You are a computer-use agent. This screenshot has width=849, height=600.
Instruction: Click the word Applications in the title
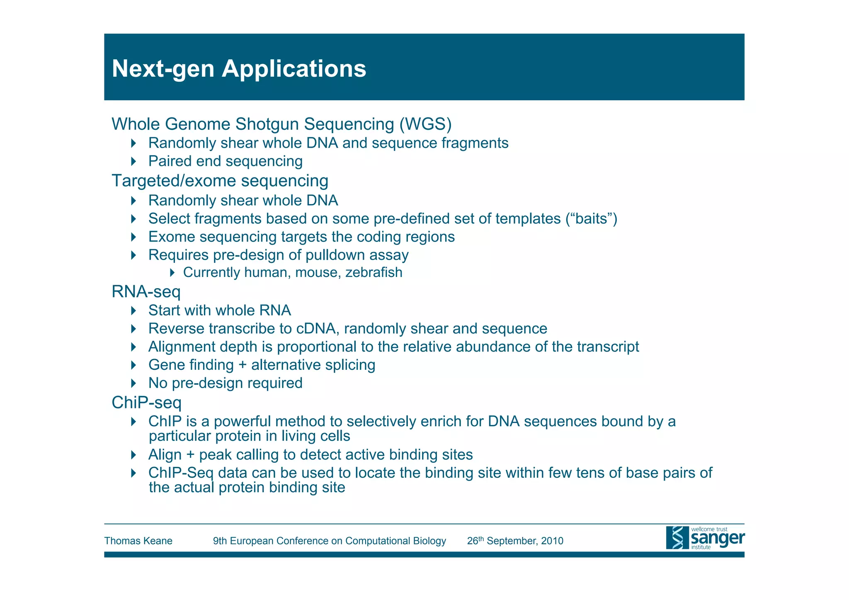tap(294, 68)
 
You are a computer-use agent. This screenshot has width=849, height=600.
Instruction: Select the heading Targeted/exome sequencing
tap(220, 181)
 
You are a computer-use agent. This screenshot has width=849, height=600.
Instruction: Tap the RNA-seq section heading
tap(146, 291)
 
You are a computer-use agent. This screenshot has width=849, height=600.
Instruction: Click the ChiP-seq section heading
tap(146, 402)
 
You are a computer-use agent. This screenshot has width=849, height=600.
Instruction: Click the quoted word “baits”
tap(591, 219)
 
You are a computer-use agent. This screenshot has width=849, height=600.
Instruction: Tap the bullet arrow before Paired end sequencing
tap(133, 161)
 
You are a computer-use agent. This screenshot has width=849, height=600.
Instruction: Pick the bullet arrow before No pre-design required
tap(133, 383)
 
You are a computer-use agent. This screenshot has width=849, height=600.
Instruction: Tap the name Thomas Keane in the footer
tap(138, 541)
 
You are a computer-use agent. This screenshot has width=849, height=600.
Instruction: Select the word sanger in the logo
tap(717, 538)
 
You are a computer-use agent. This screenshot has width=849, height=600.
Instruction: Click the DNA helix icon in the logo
tap(677, 538)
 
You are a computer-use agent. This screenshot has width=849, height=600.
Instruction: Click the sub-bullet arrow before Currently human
tap(172, 272)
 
